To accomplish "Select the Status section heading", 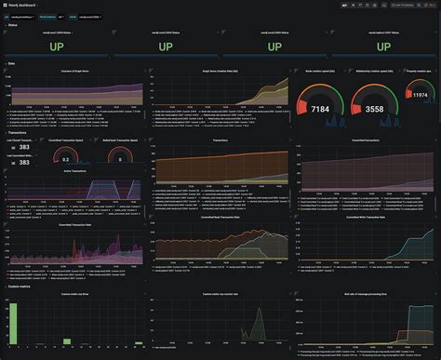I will pos(12,25).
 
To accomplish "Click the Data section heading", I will pos(11,63).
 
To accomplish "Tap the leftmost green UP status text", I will pos(57,46).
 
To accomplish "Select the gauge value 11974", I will pos(420,96).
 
